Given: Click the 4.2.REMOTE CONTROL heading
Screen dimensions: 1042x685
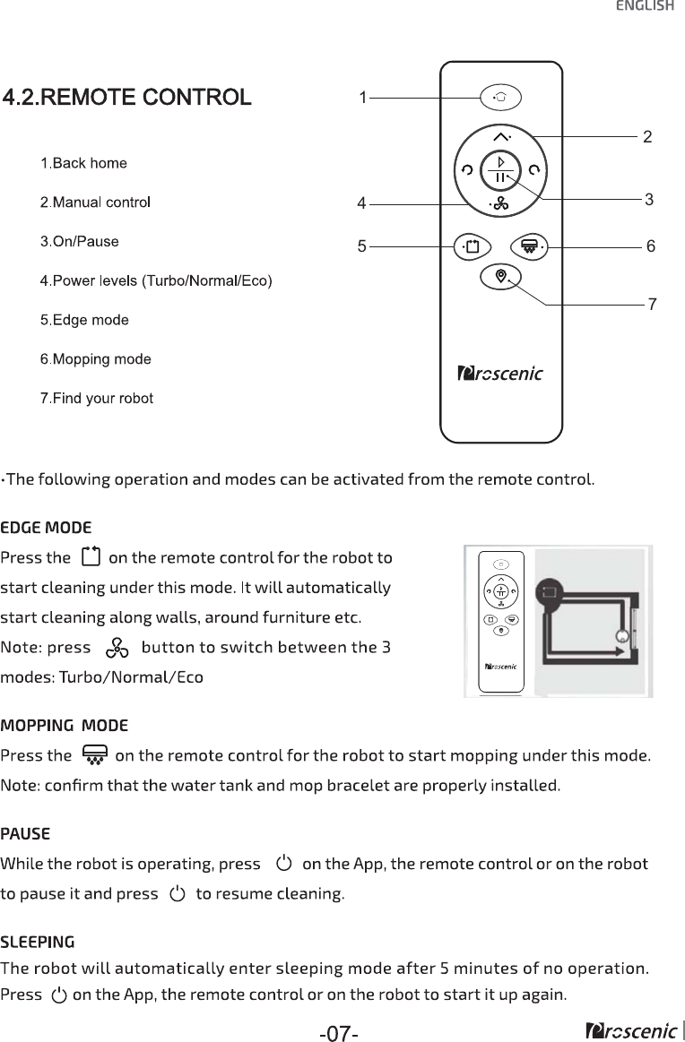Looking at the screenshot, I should point(126,97).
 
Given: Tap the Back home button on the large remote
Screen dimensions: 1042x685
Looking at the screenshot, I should point(500,97).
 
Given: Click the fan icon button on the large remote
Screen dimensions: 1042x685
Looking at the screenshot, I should point(499,204).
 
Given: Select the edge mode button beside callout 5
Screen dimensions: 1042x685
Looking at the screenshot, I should point(473,245).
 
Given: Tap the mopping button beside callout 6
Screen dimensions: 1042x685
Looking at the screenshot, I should point(529,245).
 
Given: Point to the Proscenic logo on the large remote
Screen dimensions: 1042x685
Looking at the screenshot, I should point(500,374).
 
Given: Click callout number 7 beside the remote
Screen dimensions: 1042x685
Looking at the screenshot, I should point(652,305).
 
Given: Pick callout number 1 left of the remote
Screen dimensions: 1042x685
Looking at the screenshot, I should point(362,97).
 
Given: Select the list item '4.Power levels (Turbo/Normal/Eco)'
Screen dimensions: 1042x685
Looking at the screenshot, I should point(156,280).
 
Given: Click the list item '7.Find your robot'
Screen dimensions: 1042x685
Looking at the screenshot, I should point(97,398).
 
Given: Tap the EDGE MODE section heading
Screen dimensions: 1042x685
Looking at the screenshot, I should point(46,526).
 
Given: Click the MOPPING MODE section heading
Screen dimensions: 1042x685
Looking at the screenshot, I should point(65,725).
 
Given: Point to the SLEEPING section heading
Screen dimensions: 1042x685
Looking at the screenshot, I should point(38,943).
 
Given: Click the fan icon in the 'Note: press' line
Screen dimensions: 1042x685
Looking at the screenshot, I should point(117,648).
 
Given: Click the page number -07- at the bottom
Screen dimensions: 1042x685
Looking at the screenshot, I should point(339,1034).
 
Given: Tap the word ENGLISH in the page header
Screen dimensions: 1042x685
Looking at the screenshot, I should point(645,7).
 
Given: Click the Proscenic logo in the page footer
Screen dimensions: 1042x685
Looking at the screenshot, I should point(629,1031).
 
